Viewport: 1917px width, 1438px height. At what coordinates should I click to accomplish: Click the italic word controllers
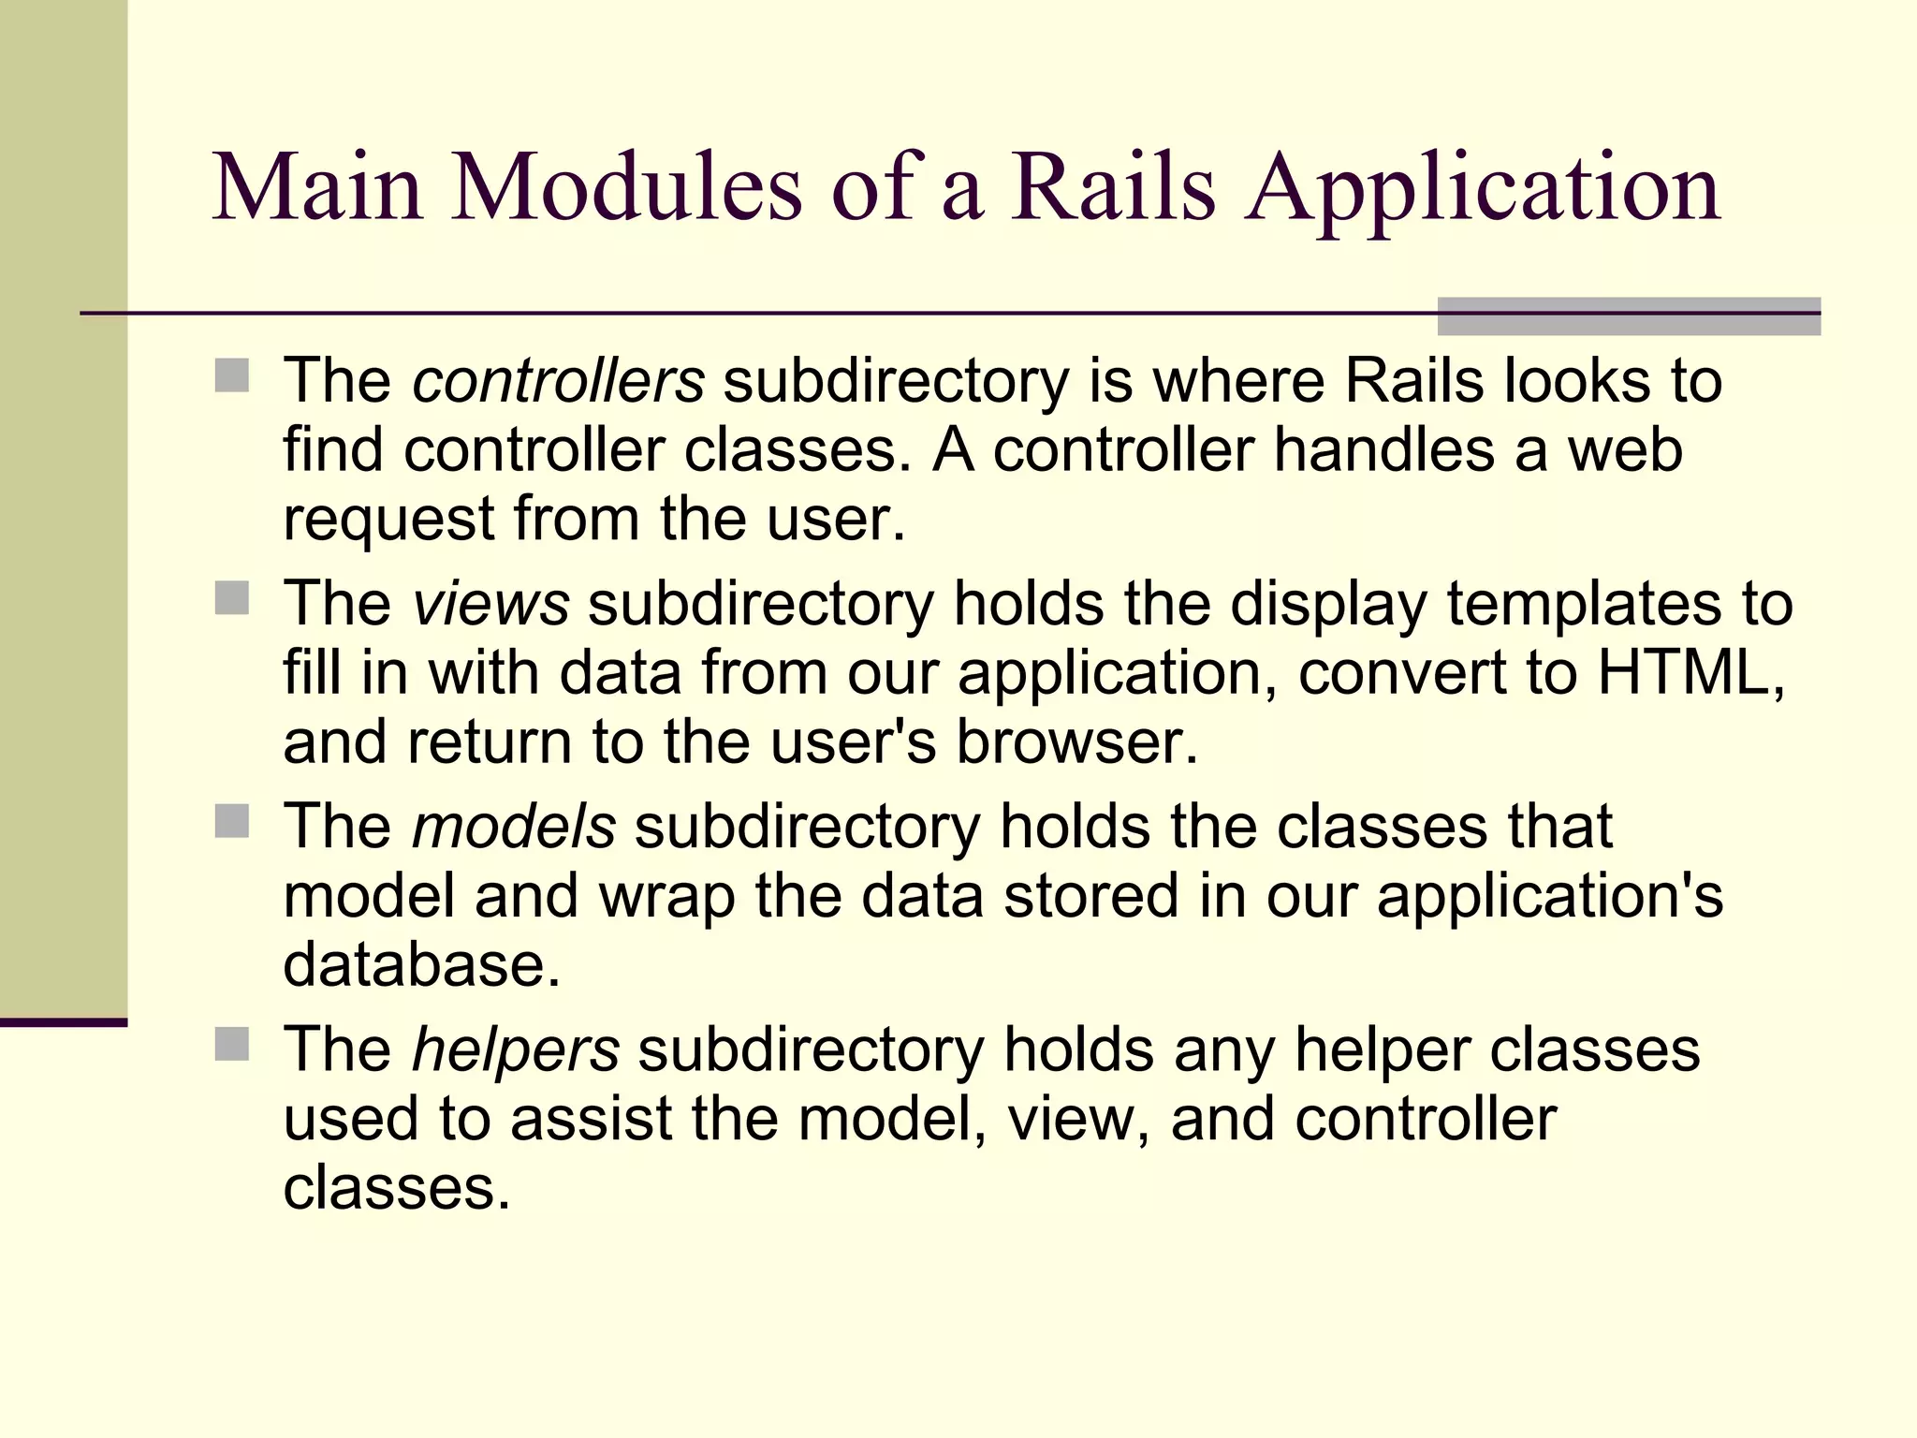[x=558, y=382]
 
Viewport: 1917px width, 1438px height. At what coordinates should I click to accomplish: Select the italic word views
[x=490, y=604]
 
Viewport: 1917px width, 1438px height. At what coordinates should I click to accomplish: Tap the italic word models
[x=514, y=827]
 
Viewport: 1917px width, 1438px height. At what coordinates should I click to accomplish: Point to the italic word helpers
[x=516, y=1049]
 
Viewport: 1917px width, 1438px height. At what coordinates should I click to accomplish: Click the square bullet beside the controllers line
[x=232, y=376]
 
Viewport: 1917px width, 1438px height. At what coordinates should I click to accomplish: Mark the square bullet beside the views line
[x=232, y=598]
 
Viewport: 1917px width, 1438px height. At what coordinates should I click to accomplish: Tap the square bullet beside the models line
[x=232, y=821]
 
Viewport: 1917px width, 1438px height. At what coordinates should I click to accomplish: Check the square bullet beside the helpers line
[x=232, y=1044]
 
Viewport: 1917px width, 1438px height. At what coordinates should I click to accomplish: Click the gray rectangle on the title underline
[x=1629, y=316]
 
